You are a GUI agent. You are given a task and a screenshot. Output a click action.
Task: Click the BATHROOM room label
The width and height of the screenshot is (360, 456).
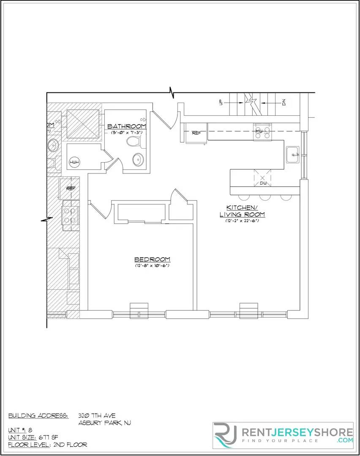[126, 126]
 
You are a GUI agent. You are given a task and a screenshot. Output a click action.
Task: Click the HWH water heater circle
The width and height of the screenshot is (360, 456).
[74, 163]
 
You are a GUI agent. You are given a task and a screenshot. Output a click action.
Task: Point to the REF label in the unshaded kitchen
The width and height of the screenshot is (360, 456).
[196, 133]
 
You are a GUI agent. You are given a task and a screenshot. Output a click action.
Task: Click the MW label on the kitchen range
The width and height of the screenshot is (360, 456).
[259, 131]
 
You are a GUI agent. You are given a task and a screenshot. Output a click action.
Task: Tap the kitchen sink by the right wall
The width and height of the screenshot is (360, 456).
[292, 155]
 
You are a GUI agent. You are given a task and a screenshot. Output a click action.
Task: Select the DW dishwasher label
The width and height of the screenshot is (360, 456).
[263, 183]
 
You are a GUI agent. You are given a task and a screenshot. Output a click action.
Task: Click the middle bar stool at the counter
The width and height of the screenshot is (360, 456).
[265, 197]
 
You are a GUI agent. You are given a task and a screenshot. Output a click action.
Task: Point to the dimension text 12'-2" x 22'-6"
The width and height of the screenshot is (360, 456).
[242, 221]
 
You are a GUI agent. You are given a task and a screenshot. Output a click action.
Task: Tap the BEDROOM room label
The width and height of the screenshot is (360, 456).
[152, 259]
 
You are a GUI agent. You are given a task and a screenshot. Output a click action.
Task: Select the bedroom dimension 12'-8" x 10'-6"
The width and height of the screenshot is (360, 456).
[152, 266]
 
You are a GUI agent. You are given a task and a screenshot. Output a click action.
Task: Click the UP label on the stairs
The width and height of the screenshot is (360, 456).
[221, 102]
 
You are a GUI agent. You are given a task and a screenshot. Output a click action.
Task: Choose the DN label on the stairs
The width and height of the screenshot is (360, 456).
[284, 102]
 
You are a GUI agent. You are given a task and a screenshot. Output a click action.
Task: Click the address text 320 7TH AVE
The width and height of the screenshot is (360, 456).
[97, 415]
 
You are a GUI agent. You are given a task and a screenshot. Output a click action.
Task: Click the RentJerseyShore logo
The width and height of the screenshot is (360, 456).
[283, 435]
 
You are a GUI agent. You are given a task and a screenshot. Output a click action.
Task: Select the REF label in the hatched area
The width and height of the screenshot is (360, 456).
[71, 188]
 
